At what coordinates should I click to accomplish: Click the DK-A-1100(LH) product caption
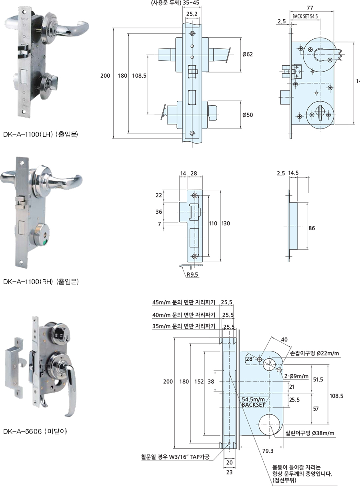pos(40,135)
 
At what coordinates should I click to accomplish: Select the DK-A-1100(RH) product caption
pos(40,281)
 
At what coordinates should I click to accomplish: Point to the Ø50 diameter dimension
pos(248,115)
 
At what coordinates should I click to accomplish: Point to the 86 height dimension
pos(312,229)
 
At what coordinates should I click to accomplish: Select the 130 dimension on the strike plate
pos(226,223)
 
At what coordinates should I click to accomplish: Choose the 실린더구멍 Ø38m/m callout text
pos(310,433)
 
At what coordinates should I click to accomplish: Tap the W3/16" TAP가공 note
pos(175,457)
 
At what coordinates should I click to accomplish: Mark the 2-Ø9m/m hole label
pos(296,376)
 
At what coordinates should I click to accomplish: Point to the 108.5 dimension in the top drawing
pos(138,75)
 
